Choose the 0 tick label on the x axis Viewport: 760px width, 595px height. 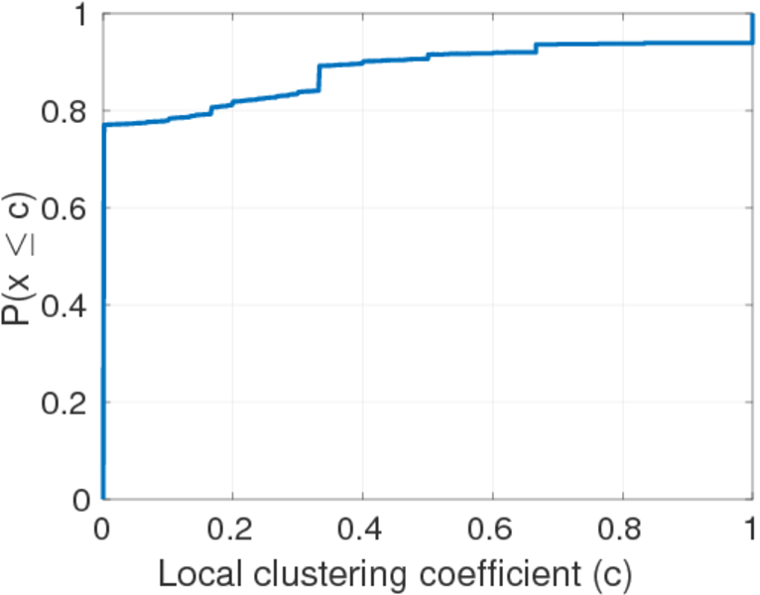(x=101, y=528)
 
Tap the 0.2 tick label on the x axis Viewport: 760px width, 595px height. (x=231, y=528)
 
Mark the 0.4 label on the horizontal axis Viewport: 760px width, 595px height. (x=362, y=528)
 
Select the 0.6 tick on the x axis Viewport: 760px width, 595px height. (x=492, y=528)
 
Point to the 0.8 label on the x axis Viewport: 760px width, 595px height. (x=622, y=528)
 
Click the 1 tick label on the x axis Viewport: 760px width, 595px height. (x=751, y=528)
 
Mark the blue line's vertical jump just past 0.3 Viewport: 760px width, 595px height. (x=318, y=77)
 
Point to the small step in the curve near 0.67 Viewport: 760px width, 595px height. (x=536, y=48)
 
